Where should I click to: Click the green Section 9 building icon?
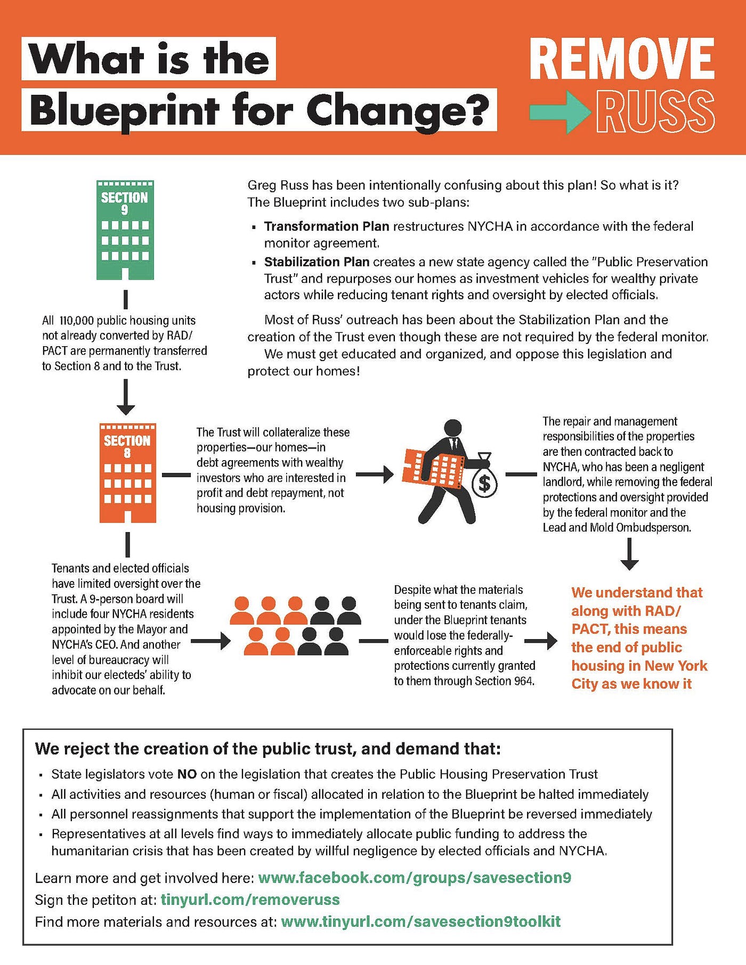pyautogui.click(x=125, y=230)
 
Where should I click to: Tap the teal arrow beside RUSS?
pyautogui.click(x=559, y=111)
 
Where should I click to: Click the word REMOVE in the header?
pyautogui.click(x=622, y=59)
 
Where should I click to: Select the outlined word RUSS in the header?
pyautogui.click(x=655, y=111)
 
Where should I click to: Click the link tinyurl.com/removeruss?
pyautogui.click(x=250, y=899)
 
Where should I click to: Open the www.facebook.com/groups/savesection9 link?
pyautogui.click(x=415, y=877)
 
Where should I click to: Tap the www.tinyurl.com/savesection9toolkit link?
pyautogui.click(x=420, y=921)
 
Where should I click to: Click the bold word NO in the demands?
pyautogui.click(x=187, y=774)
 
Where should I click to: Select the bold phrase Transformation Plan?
pyautogui.click(x=327, y=226)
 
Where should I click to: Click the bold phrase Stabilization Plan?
pyautogui.click(x=317, y=261)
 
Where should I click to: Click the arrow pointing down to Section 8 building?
pyautogui.click(x=126, y=397)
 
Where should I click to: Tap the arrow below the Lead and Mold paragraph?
pyautogui.click(x=629, y=554)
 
